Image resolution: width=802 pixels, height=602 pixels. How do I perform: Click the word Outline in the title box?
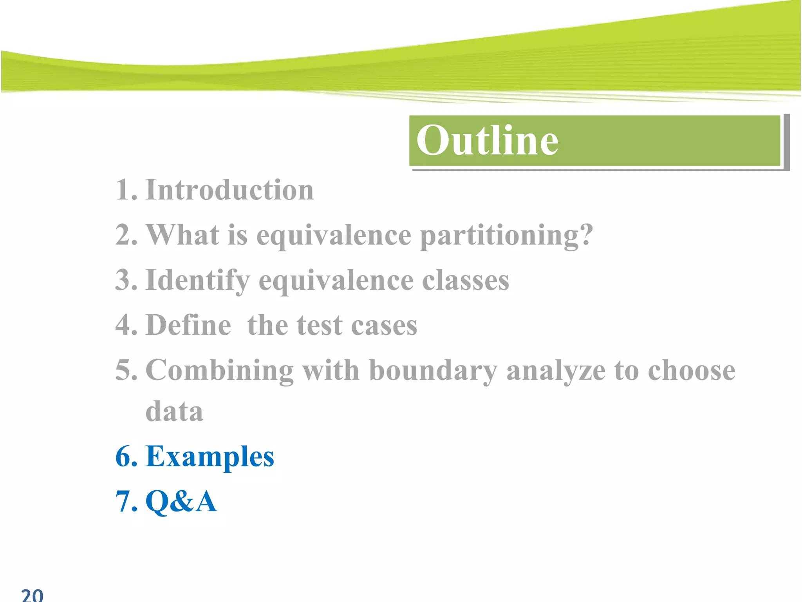487,140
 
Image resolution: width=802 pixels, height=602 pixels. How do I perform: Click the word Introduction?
229,190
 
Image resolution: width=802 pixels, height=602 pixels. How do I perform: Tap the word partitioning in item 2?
506,236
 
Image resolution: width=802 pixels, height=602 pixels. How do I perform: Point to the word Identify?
197,281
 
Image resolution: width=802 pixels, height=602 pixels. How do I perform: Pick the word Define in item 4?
188,325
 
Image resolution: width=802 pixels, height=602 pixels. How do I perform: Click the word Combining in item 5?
219,370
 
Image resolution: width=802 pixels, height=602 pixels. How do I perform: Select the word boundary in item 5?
433,370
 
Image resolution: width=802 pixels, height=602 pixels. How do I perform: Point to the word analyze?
556,371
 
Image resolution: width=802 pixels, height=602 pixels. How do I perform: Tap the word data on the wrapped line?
174,412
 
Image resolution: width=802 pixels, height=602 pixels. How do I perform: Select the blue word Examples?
210,457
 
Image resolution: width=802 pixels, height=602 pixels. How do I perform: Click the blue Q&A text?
181,502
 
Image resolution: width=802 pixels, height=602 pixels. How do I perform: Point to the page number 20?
32,595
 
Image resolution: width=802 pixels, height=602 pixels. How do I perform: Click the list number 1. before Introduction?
126,190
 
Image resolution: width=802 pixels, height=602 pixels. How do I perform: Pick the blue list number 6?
126,457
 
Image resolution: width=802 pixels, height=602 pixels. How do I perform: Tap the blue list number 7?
126,502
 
